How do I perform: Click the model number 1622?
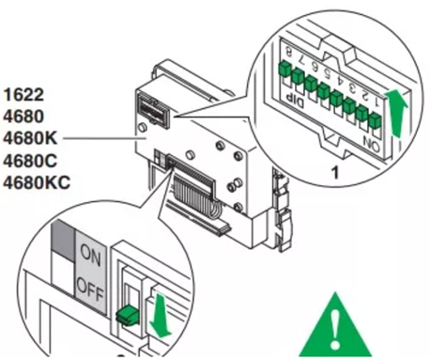pos(23,95)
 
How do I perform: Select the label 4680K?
pos(30,138)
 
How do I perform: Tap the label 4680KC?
pos(37,182)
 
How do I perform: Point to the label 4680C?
pos(30,161)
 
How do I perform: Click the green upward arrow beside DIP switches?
pos(396,114)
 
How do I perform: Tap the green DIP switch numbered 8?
pos(284,69)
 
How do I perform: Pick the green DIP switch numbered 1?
pos(375,121)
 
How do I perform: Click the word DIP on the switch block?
pos(296,101)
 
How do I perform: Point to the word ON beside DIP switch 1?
pos(372,145)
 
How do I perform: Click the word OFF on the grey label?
pos(90,290)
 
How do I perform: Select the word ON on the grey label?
pos(90,255)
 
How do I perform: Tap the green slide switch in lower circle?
pos(128,315)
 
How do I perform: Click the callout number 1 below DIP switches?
pos(335,173)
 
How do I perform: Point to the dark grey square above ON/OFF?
pos(64,241)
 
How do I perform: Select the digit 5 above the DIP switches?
pos(328,73)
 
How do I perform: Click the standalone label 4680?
pos(23,117)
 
